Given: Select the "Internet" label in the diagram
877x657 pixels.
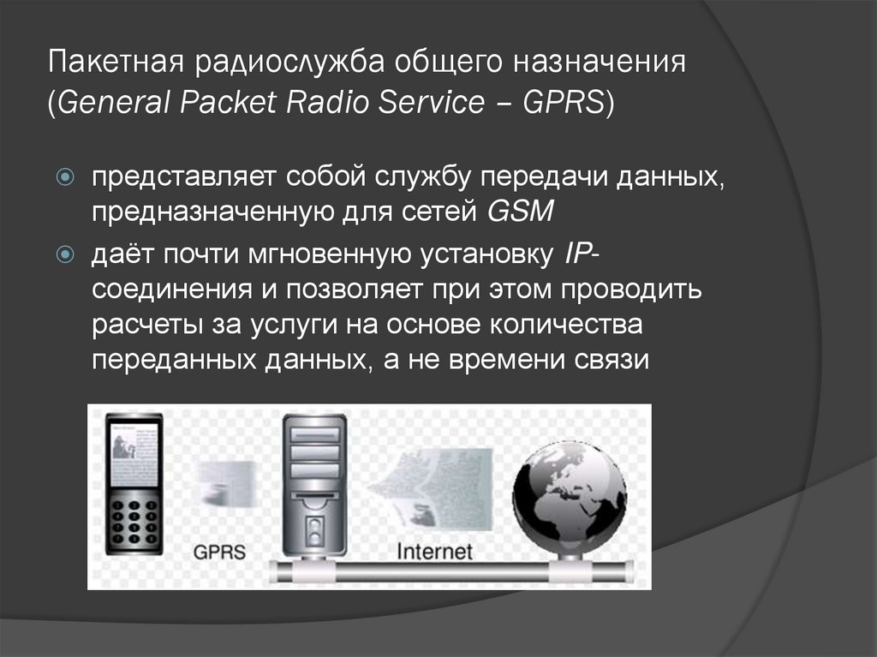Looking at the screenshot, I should [x=434, y=550].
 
